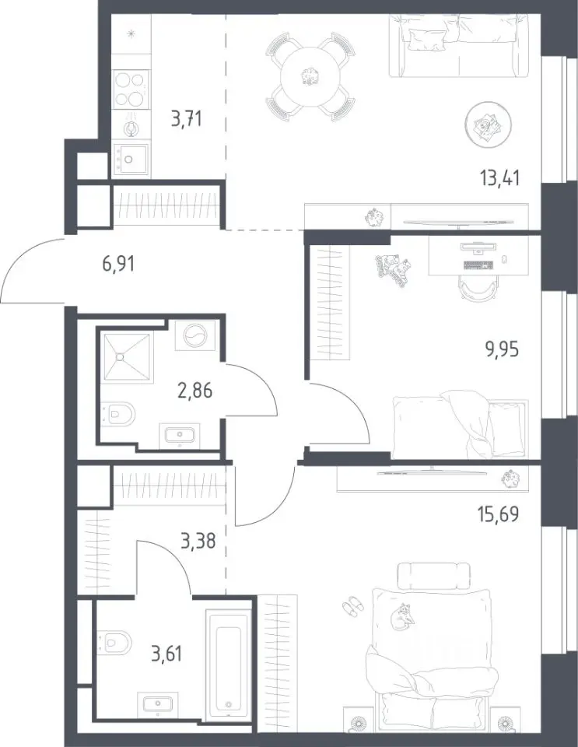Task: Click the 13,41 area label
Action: tap(499, 177)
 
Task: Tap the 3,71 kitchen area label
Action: tap(187, 118)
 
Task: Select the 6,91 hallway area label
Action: tap(118, 264)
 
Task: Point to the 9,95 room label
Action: tap(501, 349)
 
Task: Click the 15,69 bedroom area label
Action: tap(498, 514)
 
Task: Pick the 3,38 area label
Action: tap(198, 541)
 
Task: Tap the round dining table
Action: tap(311, 77)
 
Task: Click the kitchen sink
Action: tap(130, 159)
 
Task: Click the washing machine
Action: tap(194, 336)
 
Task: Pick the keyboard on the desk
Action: tap(478, 265)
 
